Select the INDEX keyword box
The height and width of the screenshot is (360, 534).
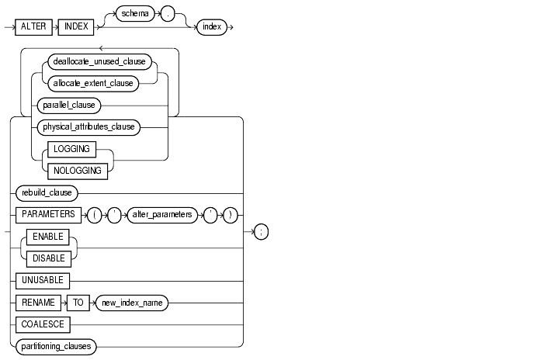[x=79, y=27]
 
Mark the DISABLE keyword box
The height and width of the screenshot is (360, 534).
[x=49, y=257]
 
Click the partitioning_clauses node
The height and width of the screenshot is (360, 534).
[x=55, y=347]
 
